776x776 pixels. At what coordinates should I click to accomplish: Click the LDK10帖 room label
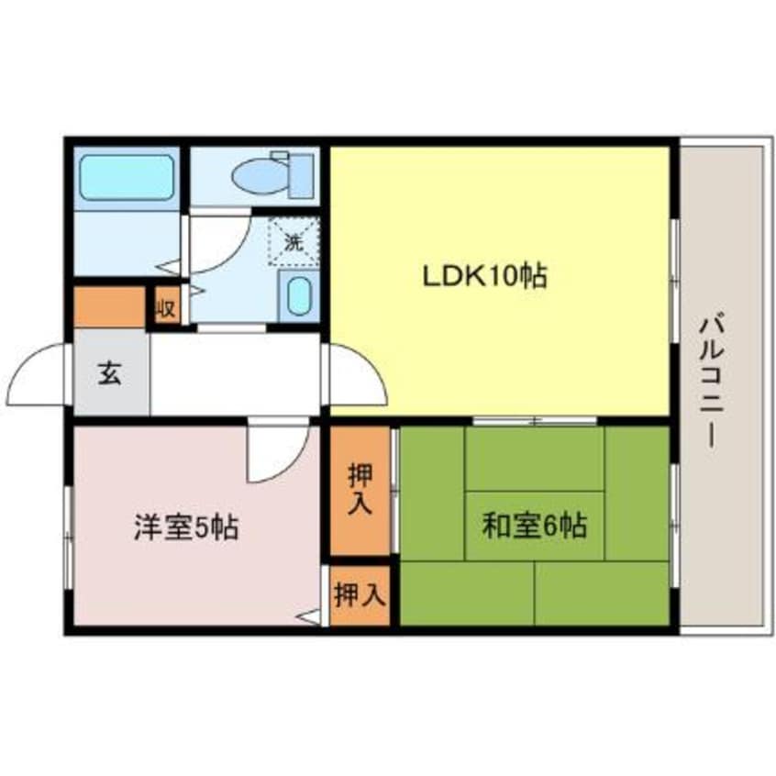(484, 275)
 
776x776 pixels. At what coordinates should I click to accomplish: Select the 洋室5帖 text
(186, 527)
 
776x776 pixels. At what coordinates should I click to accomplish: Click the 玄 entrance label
(110, 373)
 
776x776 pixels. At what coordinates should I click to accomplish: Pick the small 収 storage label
(166, 307)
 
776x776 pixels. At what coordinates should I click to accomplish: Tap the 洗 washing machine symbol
(293, 243)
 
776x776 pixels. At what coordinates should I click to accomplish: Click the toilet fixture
(271, 175)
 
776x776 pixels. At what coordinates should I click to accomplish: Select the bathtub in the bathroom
(127, 177)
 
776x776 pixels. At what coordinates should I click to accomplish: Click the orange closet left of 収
(110, 307)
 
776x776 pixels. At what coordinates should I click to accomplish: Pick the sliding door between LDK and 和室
(535, 420)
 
